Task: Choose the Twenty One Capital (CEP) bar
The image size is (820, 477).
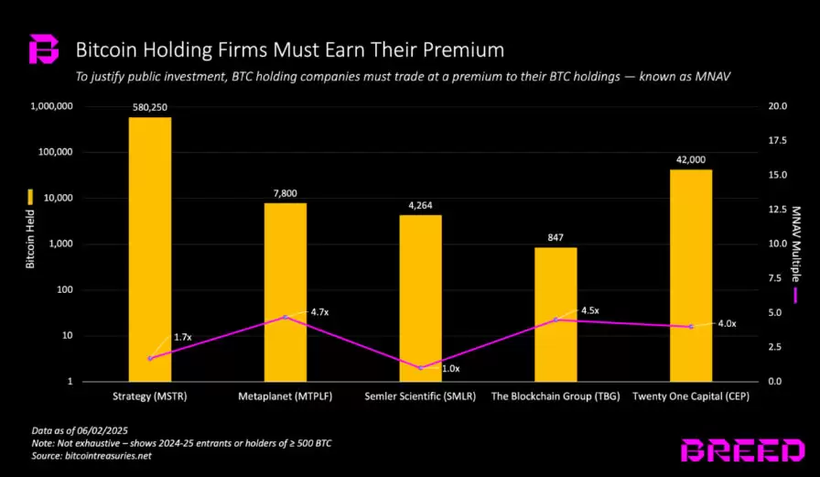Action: [691, 275]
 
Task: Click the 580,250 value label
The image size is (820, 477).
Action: [149, 106]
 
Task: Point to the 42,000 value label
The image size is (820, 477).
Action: [691, 159]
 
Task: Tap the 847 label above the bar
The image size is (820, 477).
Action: [556, 237]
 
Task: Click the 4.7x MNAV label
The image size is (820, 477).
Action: [319, 312]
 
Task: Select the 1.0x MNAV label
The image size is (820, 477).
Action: [450, 368]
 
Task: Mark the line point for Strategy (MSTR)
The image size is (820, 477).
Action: [150, 358]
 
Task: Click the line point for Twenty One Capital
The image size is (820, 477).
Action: [691, 327]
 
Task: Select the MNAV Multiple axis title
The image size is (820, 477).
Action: [794, 243]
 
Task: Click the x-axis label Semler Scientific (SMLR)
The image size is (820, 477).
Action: [420, 396]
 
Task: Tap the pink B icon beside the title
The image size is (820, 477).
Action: [43, 49]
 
